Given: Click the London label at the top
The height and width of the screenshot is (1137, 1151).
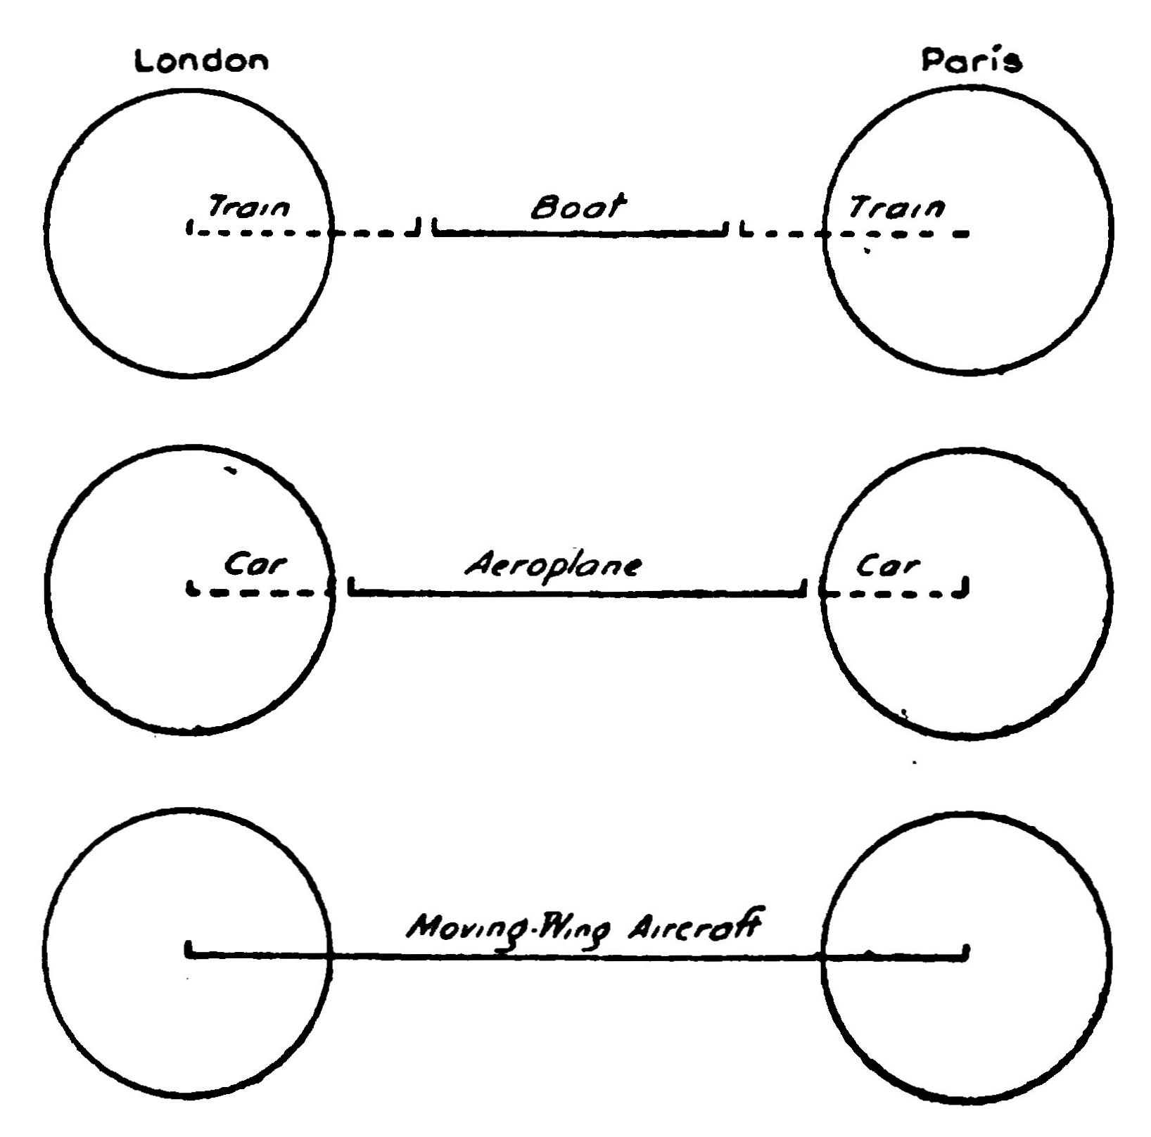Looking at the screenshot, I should tap(202, 61).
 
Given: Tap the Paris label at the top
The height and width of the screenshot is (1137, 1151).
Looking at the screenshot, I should tap(972, 61).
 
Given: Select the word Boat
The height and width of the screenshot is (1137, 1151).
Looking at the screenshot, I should tap(578, 207).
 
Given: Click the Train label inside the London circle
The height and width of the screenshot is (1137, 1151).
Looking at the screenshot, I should tap(248, 208).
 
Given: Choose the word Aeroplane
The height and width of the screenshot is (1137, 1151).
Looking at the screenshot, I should tap(554, 565).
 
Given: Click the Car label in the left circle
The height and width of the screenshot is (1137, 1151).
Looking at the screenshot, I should tap(255, 564).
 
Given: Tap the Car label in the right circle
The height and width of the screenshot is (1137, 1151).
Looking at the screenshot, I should tap(888, 565).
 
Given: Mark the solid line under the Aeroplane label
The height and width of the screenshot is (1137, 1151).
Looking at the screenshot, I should tap(577, 593).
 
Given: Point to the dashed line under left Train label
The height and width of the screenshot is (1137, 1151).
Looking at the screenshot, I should tap(303, 232).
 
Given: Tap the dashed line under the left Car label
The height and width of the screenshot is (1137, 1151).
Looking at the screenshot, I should tap(260, 592).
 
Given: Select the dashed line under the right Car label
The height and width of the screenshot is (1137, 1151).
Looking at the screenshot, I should tap(894, 593).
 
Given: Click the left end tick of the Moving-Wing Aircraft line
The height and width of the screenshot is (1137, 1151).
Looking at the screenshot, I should tap(189, 951).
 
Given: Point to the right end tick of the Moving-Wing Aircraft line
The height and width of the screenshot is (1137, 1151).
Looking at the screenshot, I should tap(967, 951).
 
